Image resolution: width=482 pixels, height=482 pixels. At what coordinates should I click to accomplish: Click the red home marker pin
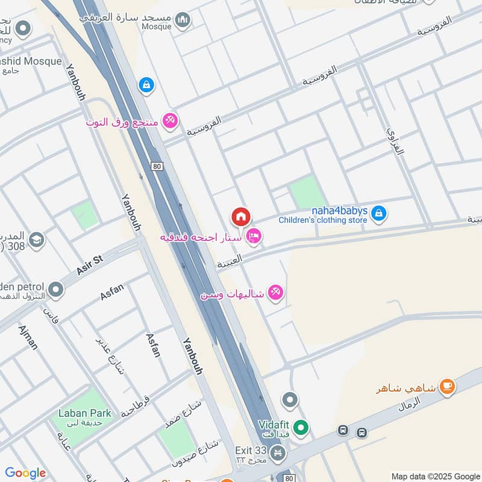point(240,216)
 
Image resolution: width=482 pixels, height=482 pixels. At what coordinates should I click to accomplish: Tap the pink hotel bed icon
point(254,236)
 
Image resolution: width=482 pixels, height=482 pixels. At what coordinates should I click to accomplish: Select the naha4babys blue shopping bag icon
point(378,213)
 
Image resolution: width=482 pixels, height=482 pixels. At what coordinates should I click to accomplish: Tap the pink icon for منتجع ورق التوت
point(171,121)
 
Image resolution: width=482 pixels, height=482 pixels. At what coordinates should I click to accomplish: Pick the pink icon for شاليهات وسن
point(276,293)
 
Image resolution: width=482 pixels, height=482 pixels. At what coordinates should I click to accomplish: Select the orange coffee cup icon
point(446,386)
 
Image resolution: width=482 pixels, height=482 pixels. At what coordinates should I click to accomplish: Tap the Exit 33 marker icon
point(277,452)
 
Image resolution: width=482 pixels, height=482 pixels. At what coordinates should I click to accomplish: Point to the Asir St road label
point(90,264)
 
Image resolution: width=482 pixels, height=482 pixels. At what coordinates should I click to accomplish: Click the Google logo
point(25,473)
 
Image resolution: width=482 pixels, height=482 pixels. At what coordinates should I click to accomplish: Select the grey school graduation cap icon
point(36,240)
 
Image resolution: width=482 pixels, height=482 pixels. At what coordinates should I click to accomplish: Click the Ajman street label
point(28,337)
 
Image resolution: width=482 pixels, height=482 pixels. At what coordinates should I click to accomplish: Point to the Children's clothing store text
point(322,220)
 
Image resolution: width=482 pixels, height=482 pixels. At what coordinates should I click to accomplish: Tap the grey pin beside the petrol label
point(56,290)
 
